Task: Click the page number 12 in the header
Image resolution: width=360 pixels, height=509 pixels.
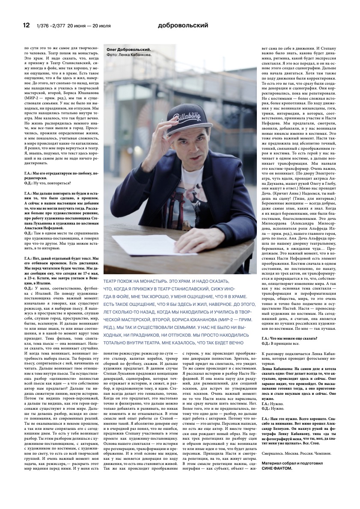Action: pyautogui.click(x=26, y=25)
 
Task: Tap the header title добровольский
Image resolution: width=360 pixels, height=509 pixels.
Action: pyautogui.click(x=183, y=25)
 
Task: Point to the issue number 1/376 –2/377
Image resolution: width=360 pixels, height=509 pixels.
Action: pyautogui.click(x=49, y=26)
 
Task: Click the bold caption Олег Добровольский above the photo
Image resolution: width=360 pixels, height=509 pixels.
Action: pyautogui.click(x=129, y=50)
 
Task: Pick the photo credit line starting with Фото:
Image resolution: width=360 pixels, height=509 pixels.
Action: pyautogui.click(x=129, y=55)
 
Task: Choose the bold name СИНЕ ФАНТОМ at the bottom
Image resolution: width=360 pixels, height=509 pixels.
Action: pyautogui.click(x=278, y=468)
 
